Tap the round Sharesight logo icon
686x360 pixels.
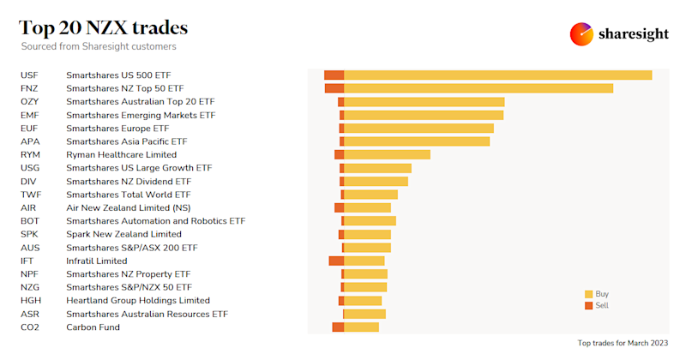click(581, 34)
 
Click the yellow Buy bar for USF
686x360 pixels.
click(497, 75)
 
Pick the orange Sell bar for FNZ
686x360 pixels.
click(334, 88)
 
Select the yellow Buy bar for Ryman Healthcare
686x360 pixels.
click(387, 154)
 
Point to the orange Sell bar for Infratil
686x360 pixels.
click(336, 261)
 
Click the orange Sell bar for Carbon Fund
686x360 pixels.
click(338, 327)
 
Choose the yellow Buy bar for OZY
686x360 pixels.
click(424, 102)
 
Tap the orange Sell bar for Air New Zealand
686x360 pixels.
click(339, 207)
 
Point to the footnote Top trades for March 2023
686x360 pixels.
click(623, 343)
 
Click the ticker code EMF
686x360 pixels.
click(30, 115)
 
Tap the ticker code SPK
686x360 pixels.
click(29, 234)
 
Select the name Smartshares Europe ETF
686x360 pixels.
click(117, 128)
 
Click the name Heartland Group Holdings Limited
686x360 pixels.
click(138, 301)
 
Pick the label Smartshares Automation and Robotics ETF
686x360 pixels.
click(155, 221)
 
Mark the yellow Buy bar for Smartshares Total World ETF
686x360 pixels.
click(370, 195)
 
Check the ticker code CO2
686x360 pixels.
click(30, 327)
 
